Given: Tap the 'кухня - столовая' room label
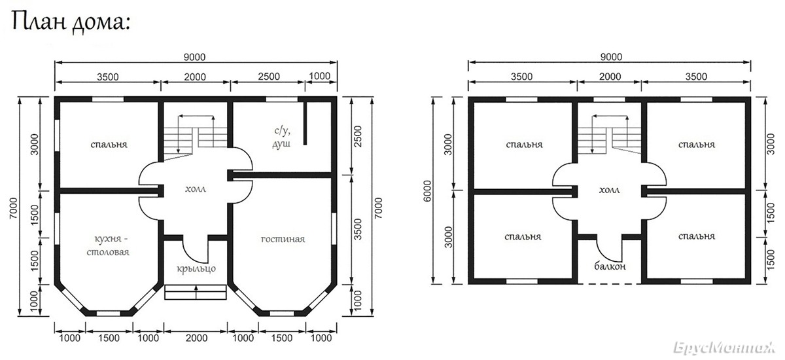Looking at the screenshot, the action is [109, 245].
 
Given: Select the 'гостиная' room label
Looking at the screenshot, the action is [283, 240].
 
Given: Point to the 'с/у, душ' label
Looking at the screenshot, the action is [282, 137].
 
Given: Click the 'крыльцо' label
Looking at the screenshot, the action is [196, 269].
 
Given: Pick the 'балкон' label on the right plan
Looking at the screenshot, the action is [610, 266].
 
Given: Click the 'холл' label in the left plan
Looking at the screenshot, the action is [196, 189].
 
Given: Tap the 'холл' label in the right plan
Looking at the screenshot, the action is [610, 190].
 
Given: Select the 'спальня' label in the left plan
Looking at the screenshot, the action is [109, 145].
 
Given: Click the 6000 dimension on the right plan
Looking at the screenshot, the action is [427, 191].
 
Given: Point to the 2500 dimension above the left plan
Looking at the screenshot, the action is [269, 77].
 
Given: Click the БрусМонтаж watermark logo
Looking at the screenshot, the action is [725, 348].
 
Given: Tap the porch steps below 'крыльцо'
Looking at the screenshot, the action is [196, 293].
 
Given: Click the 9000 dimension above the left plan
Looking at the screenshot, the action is [194, 57].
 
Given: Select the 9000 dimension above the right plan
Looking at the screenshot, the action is [611, 57].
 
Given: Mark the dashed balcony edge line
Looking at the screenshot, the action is [610, 283].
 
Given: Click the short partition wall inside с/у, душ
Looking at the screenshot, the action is [305, 124].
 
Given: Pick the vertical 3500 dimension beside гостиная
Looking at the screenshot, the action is [357, 229].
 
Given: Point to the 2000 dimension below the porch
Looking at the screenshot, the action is [197, 338].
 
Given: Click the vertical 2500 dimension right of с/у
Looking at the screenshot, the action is [357, 137].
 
